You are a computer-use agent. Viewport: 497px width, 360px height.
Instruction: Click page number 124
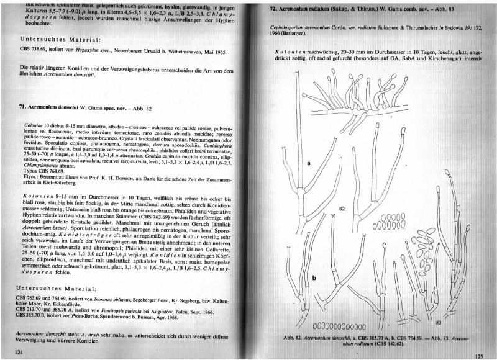tap(19, 351)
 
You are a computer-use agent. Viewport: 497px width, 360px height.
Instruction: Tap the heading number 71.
tap(23, 107)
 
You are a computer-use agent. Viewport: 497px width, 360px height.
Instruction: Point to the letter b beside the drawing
tap(314, 278)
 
